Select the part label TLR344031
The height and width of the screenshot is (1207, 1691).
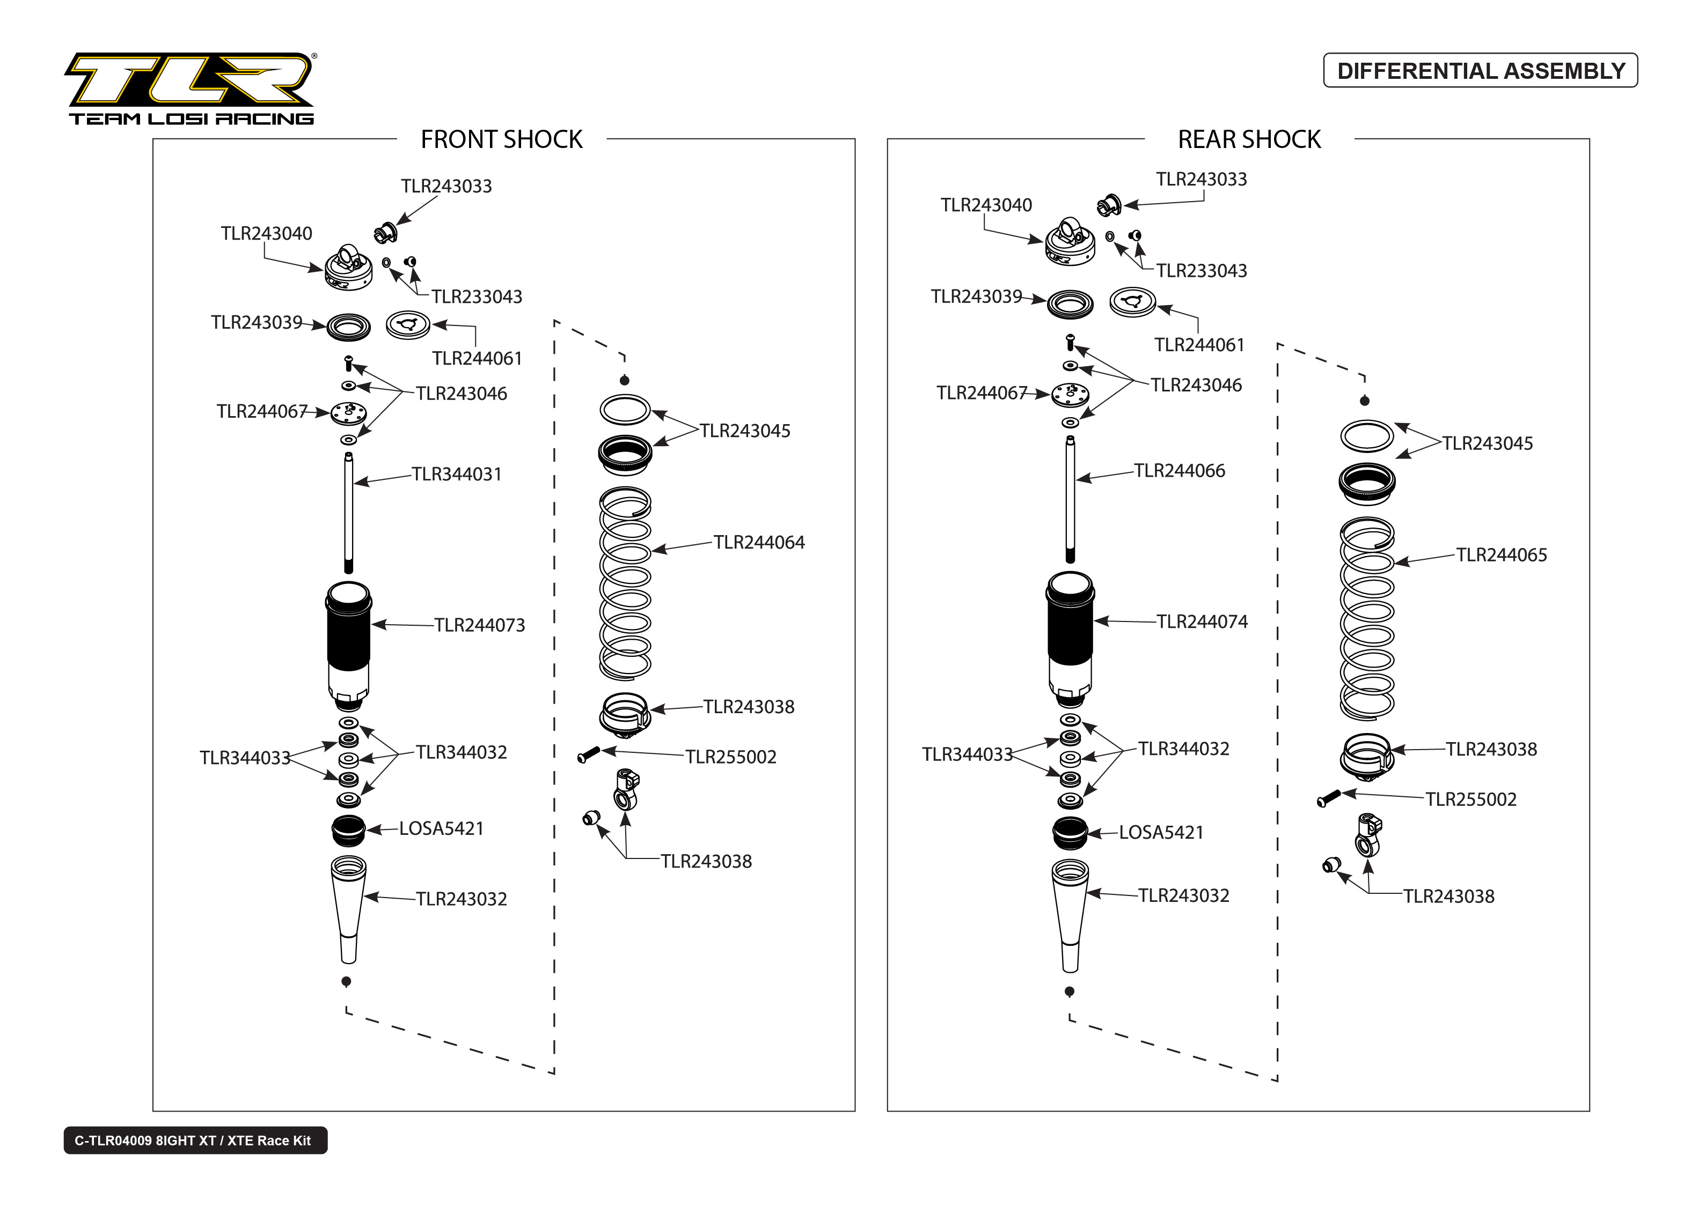pyautogui.click(x=457, y=474)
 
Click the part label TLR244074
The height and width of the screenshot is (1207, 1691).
pyautogui.click(x=1202, y=621)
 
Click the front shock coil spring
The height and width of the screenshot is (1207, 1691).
pyautogui.click(x=625, y=583)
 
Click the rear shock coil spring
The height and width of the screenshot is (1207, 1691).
pyautogui.click(x=1367, y=618)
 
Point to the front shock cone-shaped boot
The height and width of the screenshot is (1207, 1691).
pyautogui.click(x=348, y=907)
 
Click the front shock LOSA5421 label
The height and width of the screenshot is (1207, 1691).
pyautogui.click(x=441, y=828)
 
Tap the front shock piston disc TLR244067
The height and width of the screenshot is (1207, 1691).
pyautogui.click(x=348, y=413)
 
